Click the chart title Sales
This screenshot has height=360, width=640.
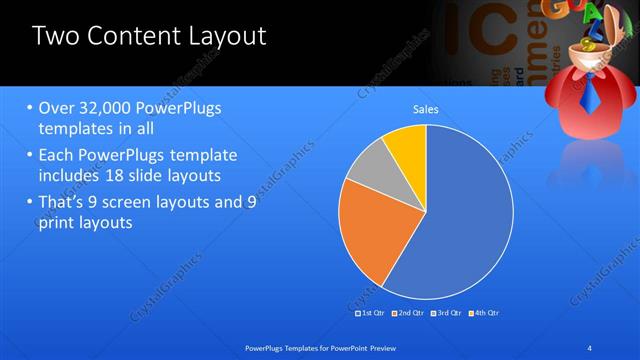426,110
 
